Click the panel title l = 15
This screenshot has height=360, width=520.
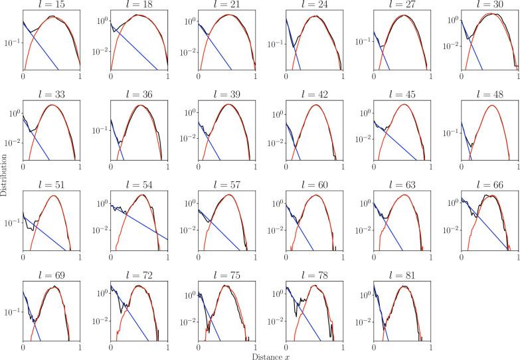(51, 7)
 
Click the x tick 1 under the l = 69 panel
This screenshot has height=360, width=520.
(80, 346)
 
